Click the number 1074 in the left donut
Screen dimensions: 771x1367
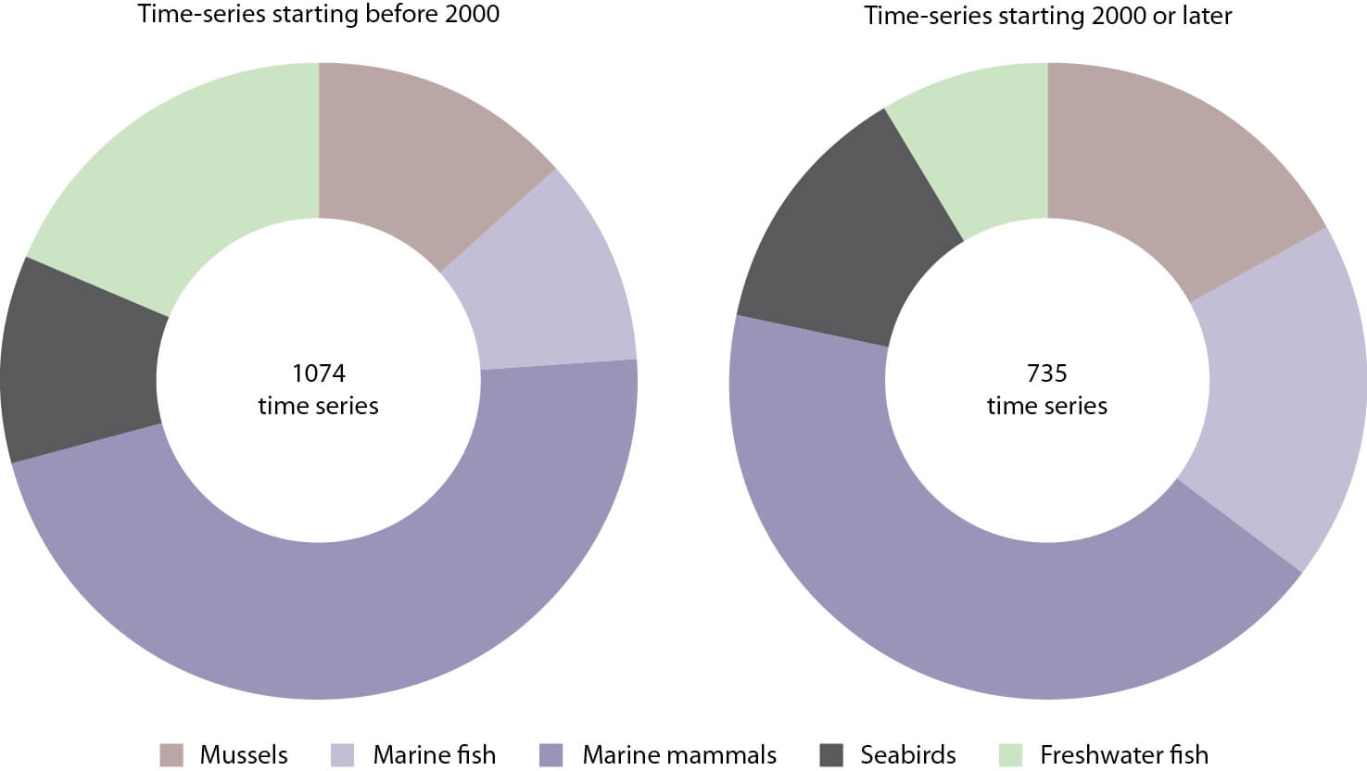click(318, 373)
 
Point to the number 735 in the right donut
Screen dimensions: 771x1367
click(1047, 373)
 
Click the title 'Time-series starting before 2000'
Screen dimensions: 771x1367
click(318, 15)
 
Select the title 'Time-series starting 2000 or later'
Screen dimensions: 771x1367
click(1047, 16)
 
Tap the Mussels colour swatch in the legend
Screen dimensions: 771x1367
click(171, 755)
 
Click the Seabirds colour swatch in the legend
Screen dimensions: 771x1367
click(831, 755)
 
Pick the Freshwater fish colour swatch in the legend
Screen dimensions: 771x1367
click(1011, 755)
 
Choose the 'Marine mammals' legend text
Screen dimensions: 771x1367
click(679, 755)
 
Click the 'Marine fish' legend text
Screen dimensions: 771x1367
click(434, 755)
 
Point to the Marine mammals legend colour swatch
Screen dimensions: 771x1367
click(551, 755)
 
